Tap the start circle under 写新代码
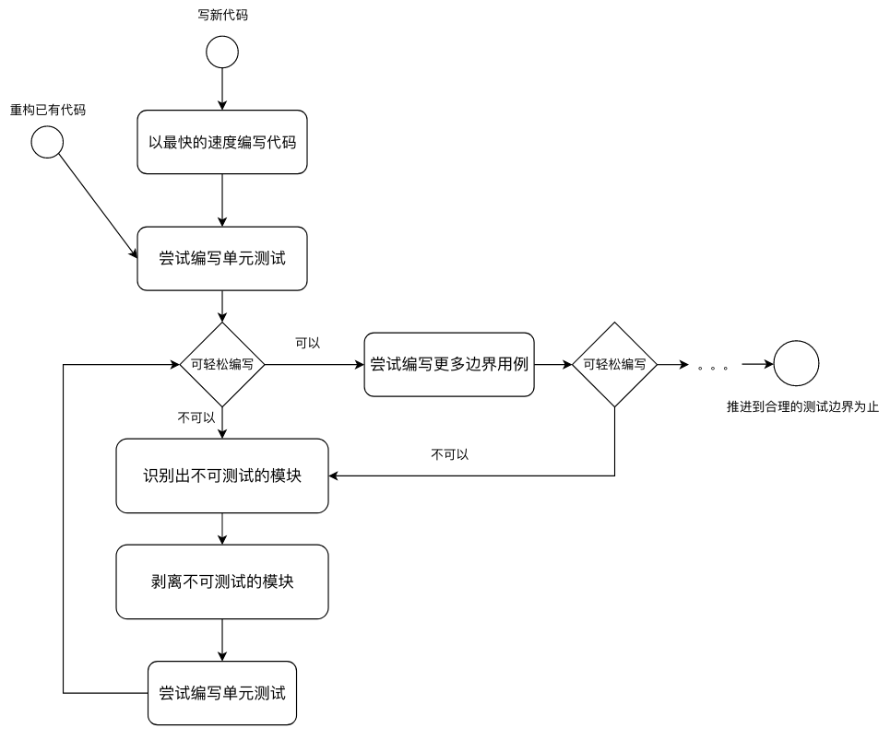pyautogui.click(x=222, y=52)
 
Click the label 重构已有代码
pyautogui.click(x=47, y=110)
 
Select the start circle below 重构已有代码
pyautogui.click(x=47, y=142)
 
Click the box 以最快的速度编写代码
pyautogui.click(x=222, y=142)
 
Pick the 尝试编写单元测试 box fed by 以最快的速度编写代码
pyautogui.click(x=222, y=258)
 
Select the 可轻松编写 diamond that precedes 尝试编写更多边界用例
pyautogui.click(x=222, y=364)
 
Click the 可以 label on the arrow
pyautogui.click(x=307, y=343)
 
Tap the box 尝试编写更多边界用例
pyautogui.click(x=449, y=364)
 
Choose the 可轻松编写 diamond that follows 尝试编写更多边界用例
pyautogui.click(x=615, y=364)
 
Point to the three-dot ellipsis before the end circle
pyautogui.click(x=713, y=367)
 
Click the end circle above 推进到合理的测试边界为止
pyautogui.click(x=796, y=364)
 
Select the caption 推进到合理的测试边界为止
pyautogui.click(x=802, y=406)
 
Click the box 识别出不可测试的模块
pyautogui.click(x=222, y=476)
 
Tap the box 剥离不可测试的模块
pyautogui.click(x=222, y=581)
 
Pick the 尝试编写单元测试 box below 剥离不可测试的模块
pyautogui.click(x=222, y=693)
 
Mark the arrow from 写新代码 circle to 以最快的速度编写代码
pyautogui.click(x=222, y=89)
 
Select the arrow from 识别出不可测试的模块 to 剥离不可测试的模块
pyautogui.click(x=222, y=528)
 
